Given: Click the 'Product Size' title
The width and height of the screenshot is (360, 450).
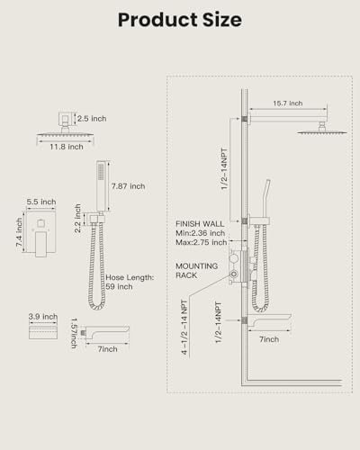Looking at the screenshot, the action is click(180, 20).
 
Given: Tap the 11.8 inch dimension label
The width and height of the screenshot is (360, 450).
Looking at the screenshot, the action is click(67, 147).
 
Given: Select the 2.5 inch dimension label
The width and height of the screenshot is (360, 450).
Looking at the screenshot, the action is click(92, 119).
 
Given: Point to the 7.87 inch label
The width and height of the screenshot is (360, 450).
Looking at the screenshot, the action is click(128, 186).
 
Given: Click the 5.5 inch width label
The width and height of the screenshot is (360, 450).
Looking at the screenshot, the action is click(41, 202).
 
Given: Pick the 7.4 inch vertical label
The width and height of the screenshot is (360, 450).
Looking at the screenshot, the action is click(19, 232).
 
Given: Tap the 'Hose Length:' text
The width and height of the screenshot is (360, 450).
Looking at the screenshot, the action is click(130, 277).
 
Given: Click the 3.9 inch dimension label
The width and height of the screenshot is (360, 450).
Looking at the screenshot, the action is click(43, 317).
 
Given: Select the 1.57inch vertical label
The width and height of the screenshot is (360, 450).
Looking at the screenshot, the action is click(74, 333).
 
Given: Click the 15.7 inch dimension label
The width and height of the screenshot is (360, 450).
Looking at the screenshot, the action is click(288, 103).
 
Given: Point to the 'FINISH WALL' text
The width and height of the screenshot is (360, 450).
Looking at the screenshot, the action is click(200, 224).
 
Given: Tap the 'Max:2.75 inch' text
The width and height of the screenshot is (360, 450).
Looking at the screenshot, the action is click(202, 242).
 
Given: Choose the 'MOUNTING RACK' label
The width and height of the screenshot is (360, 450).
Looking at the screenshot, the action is click(197, 271).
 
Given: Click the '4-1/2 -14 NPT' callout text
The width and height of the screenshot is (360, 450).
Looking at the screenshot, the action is click(184, 327).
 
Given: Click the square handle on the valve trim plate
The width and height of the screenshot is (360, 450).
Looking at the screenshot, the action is click(41, 223).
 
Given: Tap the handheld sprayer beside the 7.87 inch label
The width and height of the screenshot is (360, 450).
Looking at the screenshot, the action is click(102, 186).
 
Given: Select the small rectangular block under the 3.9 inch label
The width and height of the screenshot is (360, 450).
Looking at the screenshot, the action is click(43, 332).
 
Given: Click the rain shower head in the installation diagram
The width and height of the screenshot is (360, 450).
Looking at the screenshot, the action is click(322, 131).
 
